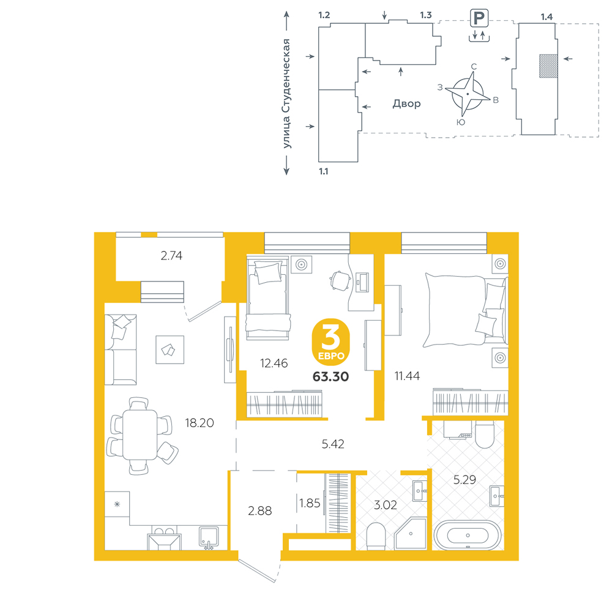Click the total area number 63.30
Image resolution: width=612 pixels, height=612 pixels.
click(330, 376)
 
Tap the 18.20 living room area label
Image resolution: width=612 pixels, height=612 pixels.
click(200, 423)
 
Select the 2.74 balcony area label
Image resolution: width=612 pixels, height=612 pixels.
click(171, 256)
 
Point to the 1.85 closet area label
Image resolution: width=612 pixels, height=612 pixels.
click(310, 503)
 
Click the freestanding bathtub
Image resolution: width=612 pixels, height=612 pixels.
click(468, 535)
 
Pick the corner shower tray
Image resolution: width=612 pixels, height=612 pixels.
click(410, 534)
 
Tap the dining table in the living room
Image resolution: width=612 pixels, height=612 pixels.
click(140, 435)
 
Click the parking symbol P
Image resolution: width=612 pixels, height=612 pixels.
click(479, 18)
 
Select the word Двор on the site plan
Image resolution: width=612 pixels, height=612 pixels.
click(406, 103)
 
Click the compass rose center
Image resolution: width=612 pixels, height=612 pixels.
click(468, 94)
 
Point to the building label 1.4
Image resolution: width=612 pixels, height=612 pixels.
click(547, 17)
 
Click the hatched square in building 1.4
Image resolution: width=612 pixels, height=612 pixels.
click(548, 66)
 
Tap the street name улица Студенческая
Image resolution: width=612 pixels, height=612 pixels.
click(287, 94)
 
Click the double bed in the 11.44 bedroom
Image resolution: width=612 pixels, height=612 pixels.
click(466, 310)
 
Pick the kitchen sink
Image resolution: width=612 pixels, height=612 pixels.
click(209, 537)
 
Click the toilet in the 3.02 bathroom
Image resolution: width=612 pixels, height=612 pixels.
click(376, 536)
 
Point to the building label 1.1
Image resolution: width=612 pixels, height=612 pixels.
click(324, 171)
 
